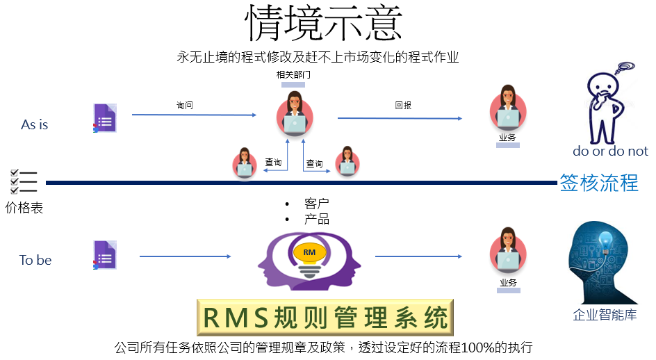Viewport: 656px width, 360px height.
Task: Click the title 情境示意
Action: [x=323, y=23]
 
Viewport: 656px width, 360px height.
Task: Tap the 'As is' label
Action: [x=34, y=124]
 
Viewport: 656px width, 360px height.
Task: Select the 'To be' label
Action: [x=35, y=261]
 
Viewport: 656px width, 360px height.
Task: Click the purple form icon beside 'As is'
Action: [x=105, y=118]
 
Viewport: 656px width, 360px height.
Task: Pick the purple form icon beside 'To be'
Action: [x=105, y=255]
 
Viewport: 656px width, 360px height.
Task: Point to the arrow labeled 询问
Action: [x=194, y=115]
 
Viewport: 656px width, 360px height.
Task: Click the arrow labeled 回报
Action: [x=400, y=118]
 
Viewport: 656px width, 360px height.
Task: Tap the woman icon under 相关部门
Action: [x=295, y=113]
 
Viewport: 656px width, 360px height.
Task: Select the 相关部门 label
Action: [x=293, y=75]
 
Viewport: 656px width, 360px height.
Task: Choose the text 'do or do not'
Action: [x=610, y=151]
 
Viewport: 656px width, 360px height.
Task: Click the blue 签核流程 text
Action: [x=599, y=183]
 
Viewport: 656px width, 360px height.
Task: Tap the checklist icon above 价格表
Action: [x=24, y=182]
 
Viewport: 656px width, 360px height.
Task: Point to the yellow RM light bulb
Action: [x=309, y=255]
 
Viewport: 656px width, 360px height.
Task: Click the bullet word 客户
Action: [x=317, y=204]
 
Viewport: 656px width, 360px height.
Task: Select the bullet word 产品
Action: [x=317, y=219]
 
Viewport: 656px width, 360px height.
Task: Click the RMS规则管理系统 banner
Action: [x=325, y=318]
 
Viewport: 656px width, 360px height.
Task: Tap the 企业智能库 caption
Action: [x=605, y=315]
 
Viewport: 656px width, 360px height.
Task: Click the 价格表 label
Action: [x=24, y=208]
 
